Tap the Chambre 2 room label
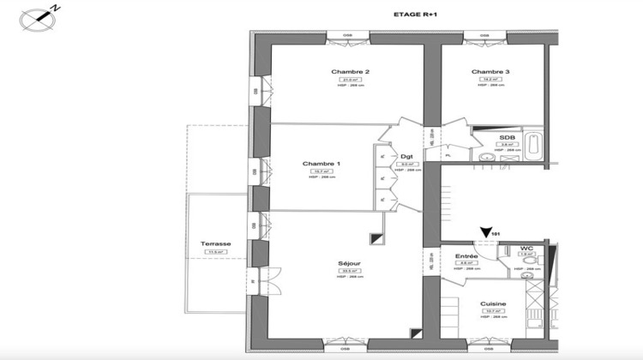(x=350, y=71)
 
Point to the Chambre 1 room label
(x=321, y=164)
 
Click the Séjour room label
(x=348, y=263)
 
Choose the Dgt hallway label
(x=406, y=156)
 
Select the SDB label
(x=507, y=137)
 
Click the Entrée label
(x=467, y=255)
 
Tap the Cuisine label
(x=492, y=304)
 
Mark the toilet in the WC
(x=529, y=259)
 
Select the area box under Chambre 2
(x=349, y=80)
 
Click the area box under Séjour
(x=348, y=272)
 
